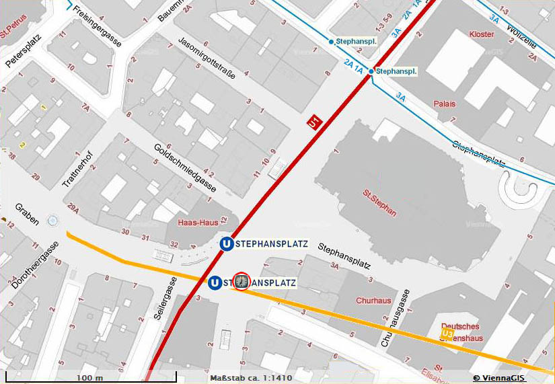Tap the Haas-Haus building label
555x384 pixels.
(197, 222)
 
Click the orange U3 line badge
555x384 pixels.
(447, 334)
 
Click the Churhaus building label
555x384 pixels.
(373, 301)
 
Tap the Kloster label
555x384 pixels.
(482, 34)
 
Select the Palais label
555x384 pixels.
(445, 104)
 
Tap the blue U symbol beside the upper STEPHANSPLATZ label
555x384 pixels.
(227, 244)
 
